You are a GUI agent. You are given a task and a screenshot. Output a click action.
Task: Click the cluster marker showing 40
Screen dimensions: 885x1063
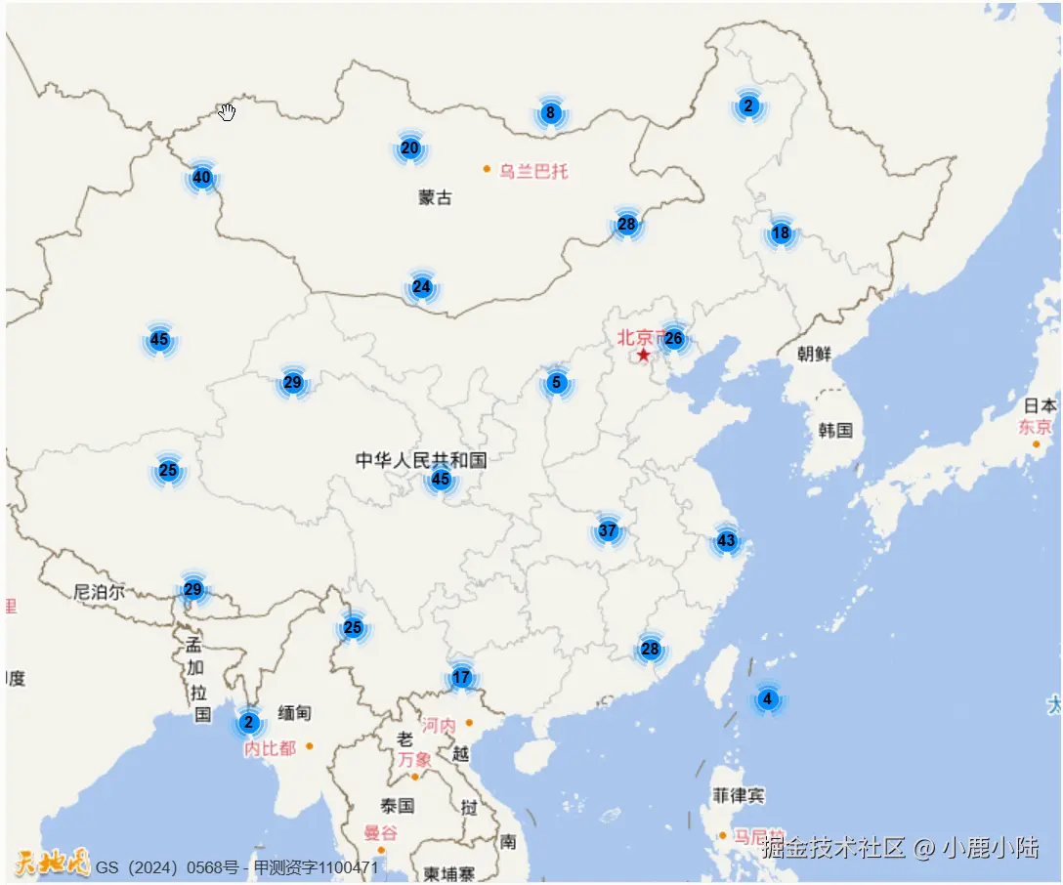pos(201,178)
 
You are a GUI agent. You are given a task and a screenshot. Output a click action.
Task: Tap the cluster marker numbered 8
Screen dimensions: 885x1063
pos(550,113)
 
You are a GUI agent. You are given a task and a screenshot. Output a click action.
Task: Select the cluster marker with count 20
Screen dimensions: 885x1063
pos(410,148)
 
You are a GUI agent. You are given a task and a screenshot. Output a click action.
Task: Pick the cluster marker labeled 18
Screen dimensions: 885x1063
pos(781,232)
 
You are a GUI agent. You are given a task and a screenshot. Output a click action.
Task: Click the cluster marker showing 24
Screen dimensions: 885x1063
pos(421,287)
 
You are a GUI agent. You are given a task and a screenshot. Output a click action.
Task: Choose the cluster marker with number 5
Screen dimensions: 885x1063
pos(556,382)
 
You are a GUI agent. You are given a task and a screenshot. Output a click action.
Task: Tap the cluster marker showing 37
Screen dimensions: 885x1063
pos(608,531)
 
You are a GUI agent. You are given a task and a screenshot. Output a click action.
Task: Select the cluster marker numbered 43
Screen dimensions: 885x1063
pos(726,540)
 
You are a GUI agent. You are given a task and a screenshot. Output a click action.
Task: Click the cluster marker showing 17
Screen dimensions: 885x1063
pos(461,678)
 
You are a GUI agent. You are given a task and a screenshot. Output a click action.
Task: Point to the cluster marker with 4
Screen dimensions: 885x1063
pos(767,699)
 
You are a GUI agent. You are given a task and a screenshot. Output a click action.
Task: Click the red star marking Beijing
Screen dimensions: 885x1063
pos(644,355)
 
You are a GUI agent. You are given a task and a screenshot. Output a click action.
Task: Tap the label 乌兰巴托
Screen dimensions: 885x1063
pos(532,171)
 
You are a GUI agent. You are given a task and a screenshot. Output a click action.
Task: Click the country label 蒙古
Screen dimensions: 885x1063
pos(435,197)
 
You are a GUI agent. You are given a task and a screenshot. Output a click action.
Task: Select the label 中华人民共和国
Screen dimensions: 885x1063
pos(420,459)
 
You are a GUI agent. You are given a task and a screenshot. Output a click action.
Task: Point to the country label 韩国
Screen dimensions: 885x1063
pos(835,430)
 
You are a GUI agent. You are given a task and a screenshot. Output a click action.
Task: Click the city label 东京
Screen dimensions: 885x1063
pos(1036,427)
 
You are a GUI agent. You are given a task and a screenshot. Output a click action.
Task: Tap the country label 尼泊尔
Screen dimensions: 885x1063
pos(99,591)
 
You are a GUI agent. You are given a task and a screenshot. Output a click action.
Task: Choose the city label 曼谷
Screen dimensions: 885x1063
pos(380,833)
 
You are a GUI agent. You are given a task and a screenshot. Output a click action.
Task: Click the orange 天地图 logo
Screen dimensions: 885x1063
pos(52,864)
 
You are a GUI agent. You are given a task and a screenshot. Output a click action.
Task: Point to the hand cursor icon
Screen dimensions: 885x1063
pos(228,111)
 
